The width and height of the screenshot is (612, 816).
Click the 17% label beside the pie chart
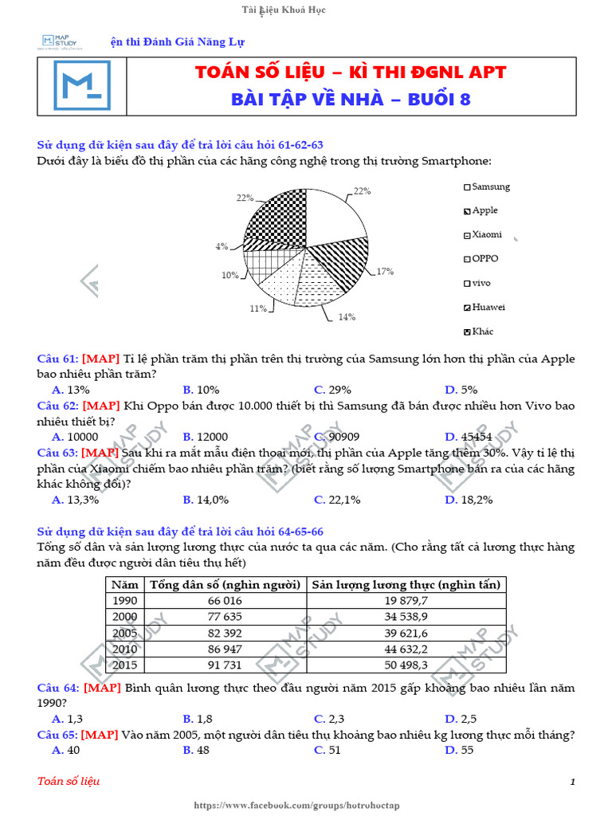[x=386, y=272]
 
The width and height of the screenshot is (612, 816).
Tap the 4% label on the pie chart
[x=221, y=247]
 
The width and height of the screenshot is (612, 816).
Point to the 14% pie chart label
[x=346, y=316]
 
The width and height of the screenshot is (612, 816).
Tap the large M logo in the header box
[x=82, y=85]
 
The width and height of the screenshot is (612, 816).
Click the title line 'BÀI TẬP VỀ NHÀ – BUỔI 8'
[x=351, y=100]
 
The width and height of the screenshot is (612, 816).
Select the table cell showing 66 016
[x=225, y=601]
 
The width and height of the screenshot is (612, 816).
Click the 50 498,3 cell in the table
[x=406, y=665]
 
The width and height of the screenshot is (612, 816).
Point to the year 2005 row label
[x=125, y=633]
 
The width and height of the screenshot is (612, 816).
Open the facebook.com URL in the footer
[x=306, y=806]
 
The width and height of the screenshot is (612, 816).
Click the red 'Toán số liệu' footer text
[x=69, y=782]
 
